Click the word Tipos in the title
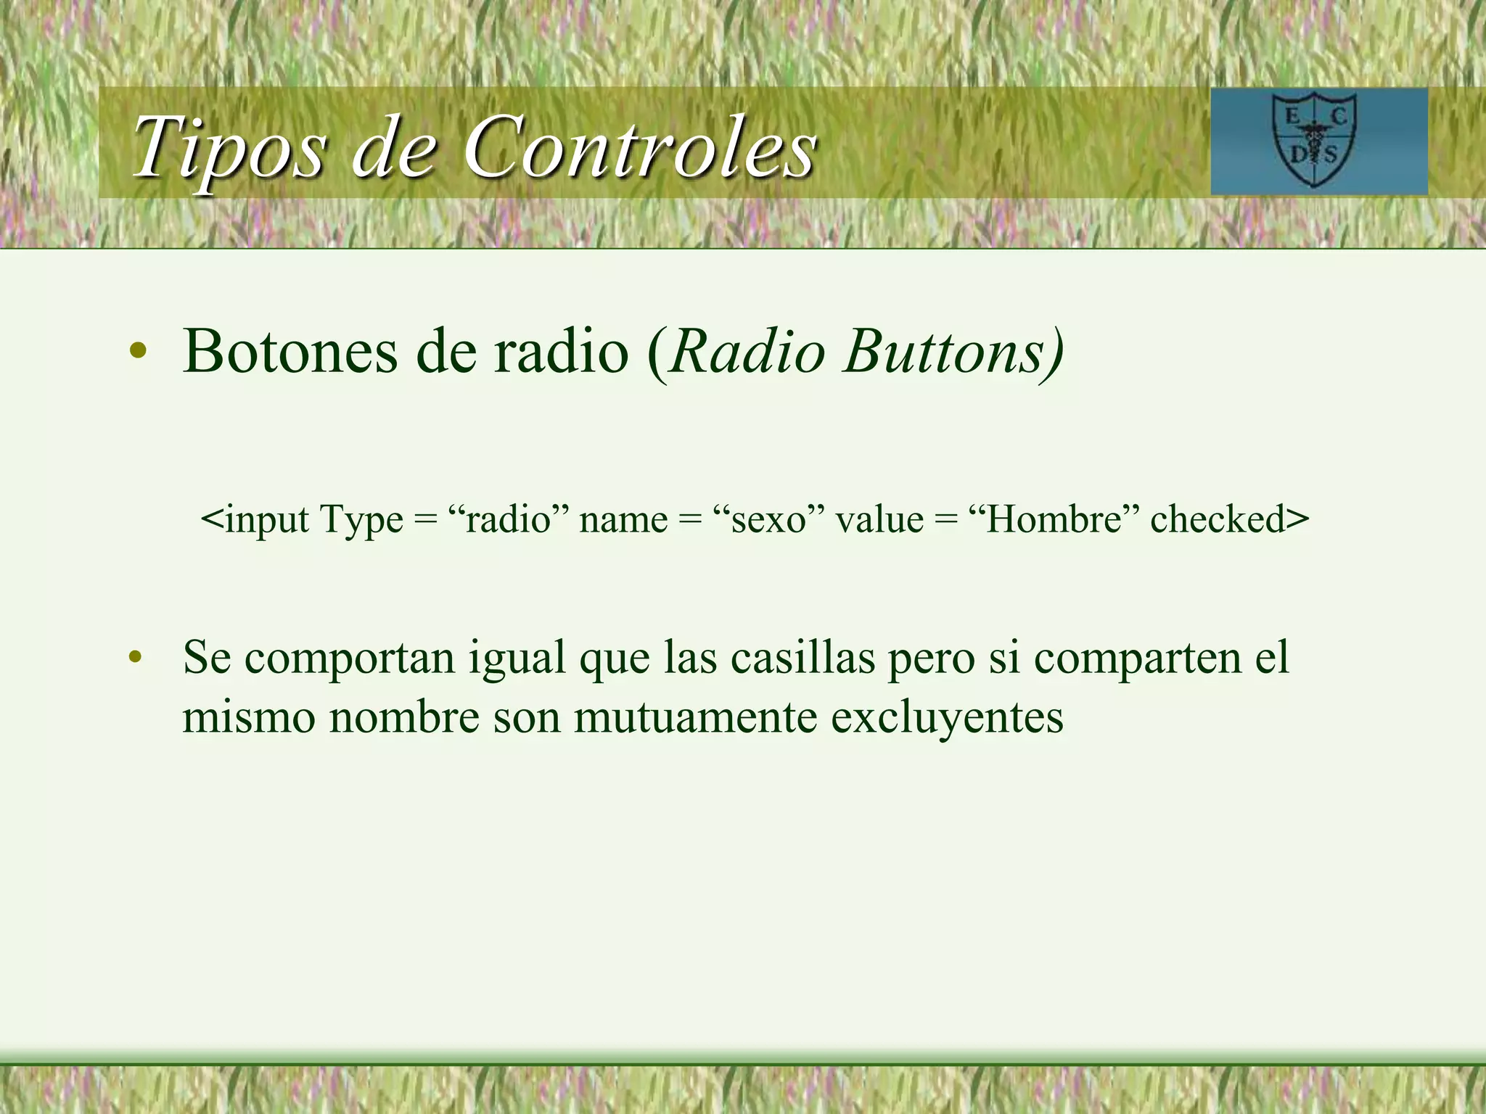[228, 149]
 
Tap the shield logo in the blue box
[1314, 141]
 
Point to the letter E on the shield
[1292, 117]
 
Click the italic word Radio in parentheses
[747, 352]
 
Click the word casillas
[802, 657]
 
